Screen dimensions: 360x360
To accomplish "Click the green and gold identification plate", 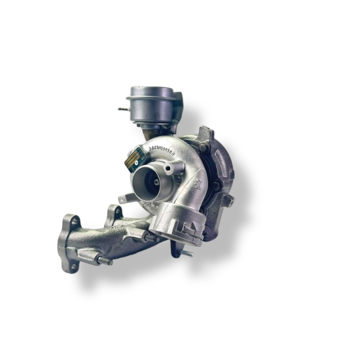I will point(135,156).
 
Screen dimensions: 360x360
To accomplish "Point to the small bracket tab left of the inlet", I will point(124,198).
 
